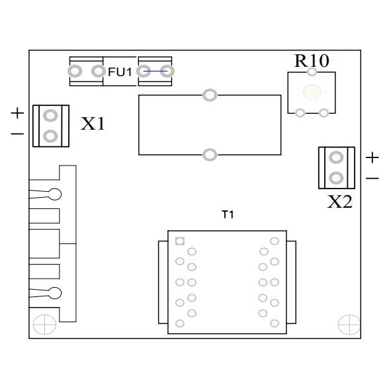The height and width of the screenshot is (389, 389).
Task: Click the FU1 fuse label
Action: [120, 72]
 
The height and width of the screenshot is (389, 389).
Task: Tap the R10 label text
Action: [312, 61]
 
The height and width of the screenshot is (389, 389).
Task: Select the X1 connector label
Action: [93, 123]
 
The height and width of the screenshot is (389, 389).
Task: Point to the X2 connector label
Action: [339, 202]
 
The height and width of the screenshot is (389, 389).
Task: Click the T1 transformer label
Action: [228, 214]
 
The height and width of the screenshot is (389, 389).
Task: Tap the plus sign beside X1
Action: [17, 113]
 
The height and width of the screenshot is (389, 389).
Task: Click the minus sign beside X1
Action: [17, 134]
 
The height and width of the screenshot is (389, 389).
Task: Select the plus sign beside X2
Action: [372, 157]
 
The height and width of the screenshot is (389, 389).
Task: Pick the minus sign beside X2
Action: [372, 178]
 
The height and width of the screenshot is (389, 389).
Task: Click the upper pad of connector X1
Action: [50, 115]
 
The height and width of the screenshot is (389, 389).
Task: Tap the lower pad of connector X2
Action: [336, 178]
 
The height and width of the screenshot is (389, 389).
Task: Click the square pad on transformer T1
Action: [180, 241]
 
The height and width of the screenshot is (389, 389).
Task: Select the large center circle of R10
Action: [312, 93]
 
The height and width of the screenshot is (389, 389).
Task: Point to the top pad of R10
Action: [312, 71]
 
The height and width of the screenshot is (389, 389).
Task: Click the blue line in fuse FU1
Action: [155, 71]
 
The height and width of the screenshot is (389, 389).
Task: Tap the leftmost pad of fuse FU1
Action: [75, 71]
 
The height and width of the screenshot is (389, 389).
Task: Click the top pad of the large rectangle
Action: [210, 95]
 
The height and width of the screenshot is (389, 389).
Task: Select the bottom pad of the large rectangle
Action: [210, 155]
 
